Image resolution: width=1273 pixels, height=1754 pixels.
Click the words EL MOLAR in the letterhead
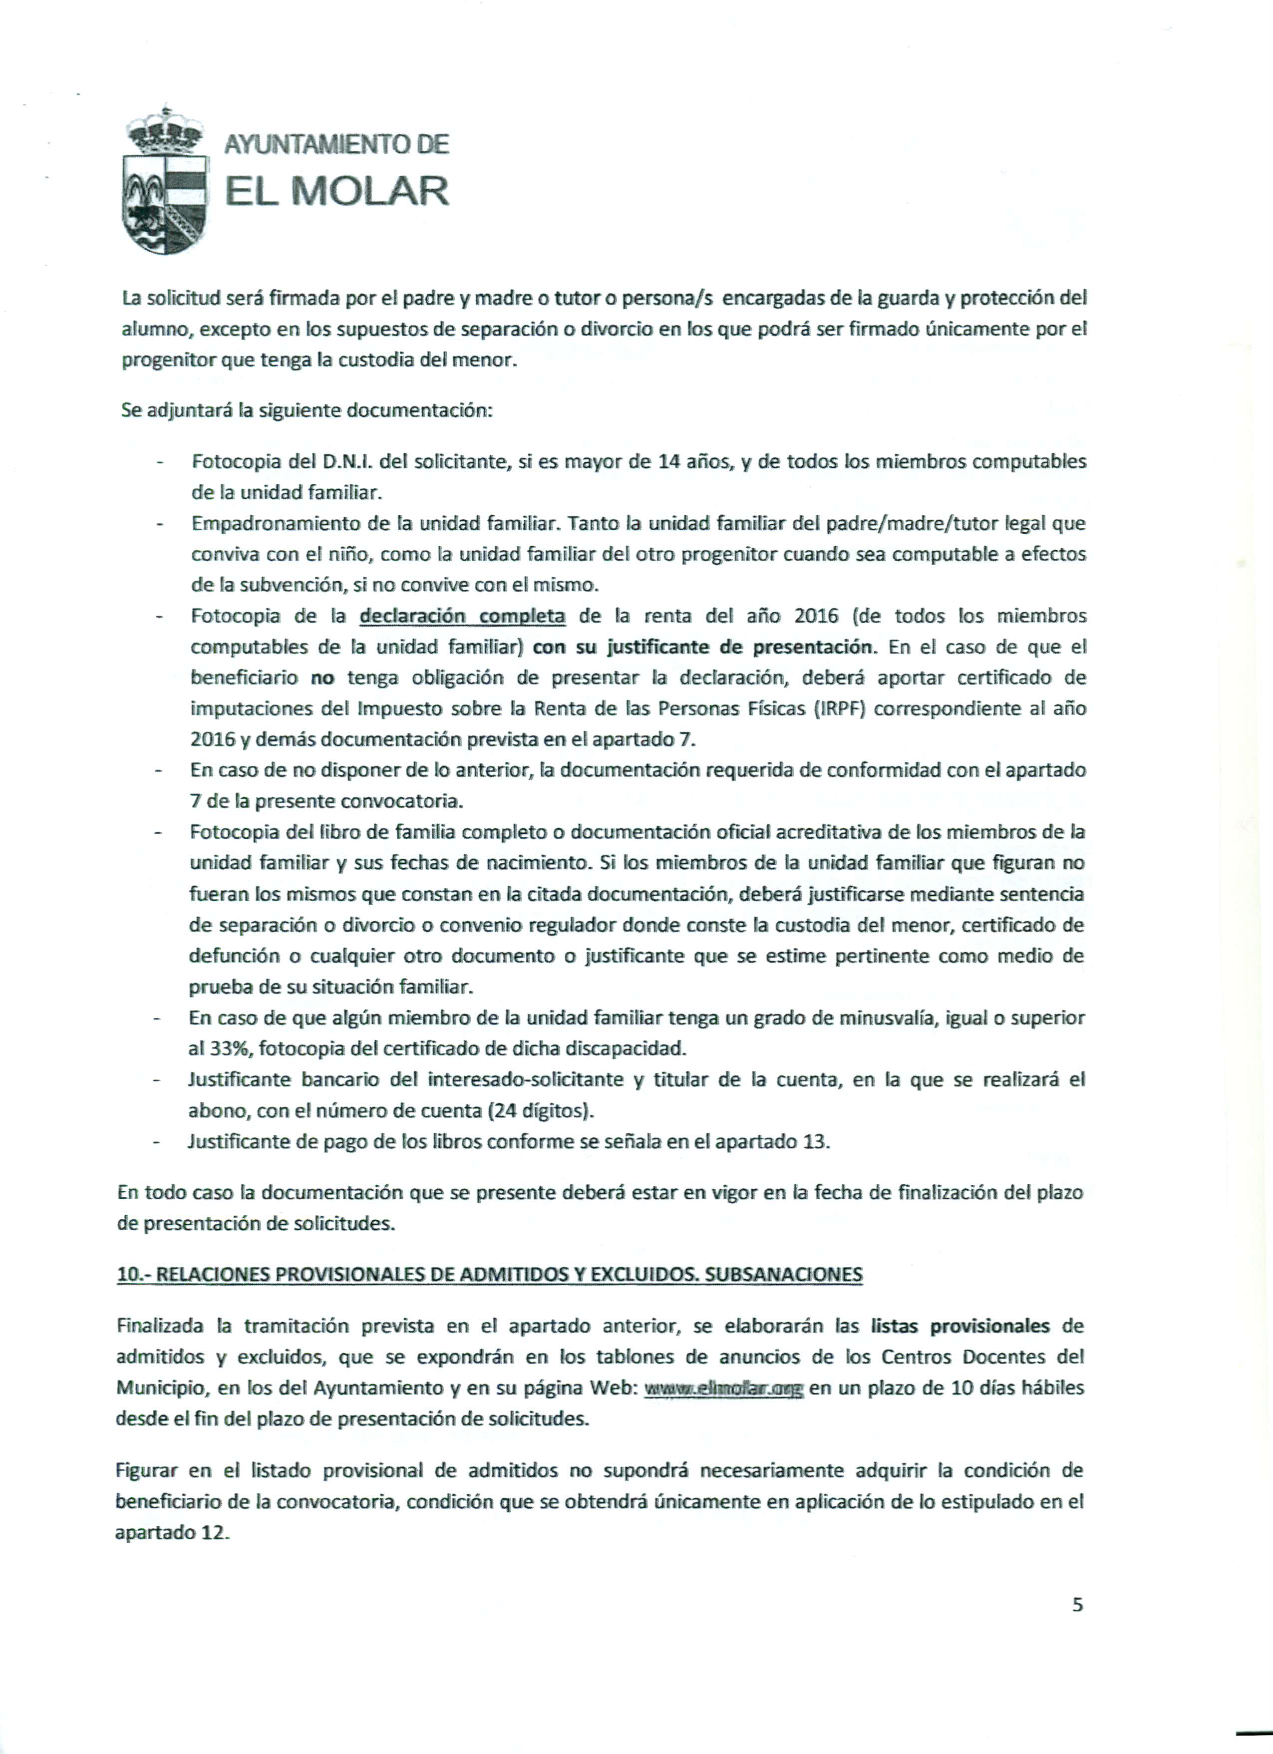coord(336,192)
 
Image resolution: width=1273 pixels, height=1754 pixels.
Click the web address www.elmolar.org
coord(724,1388)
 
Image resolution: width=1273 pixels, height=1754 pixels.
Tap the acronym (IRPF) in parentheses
coord(838,709)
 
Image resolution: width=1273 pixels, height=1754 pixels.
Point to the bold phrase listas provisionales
coord(960,1326)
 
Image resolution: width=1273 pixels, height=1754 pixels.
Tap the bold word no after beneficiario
coord(321,678)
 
